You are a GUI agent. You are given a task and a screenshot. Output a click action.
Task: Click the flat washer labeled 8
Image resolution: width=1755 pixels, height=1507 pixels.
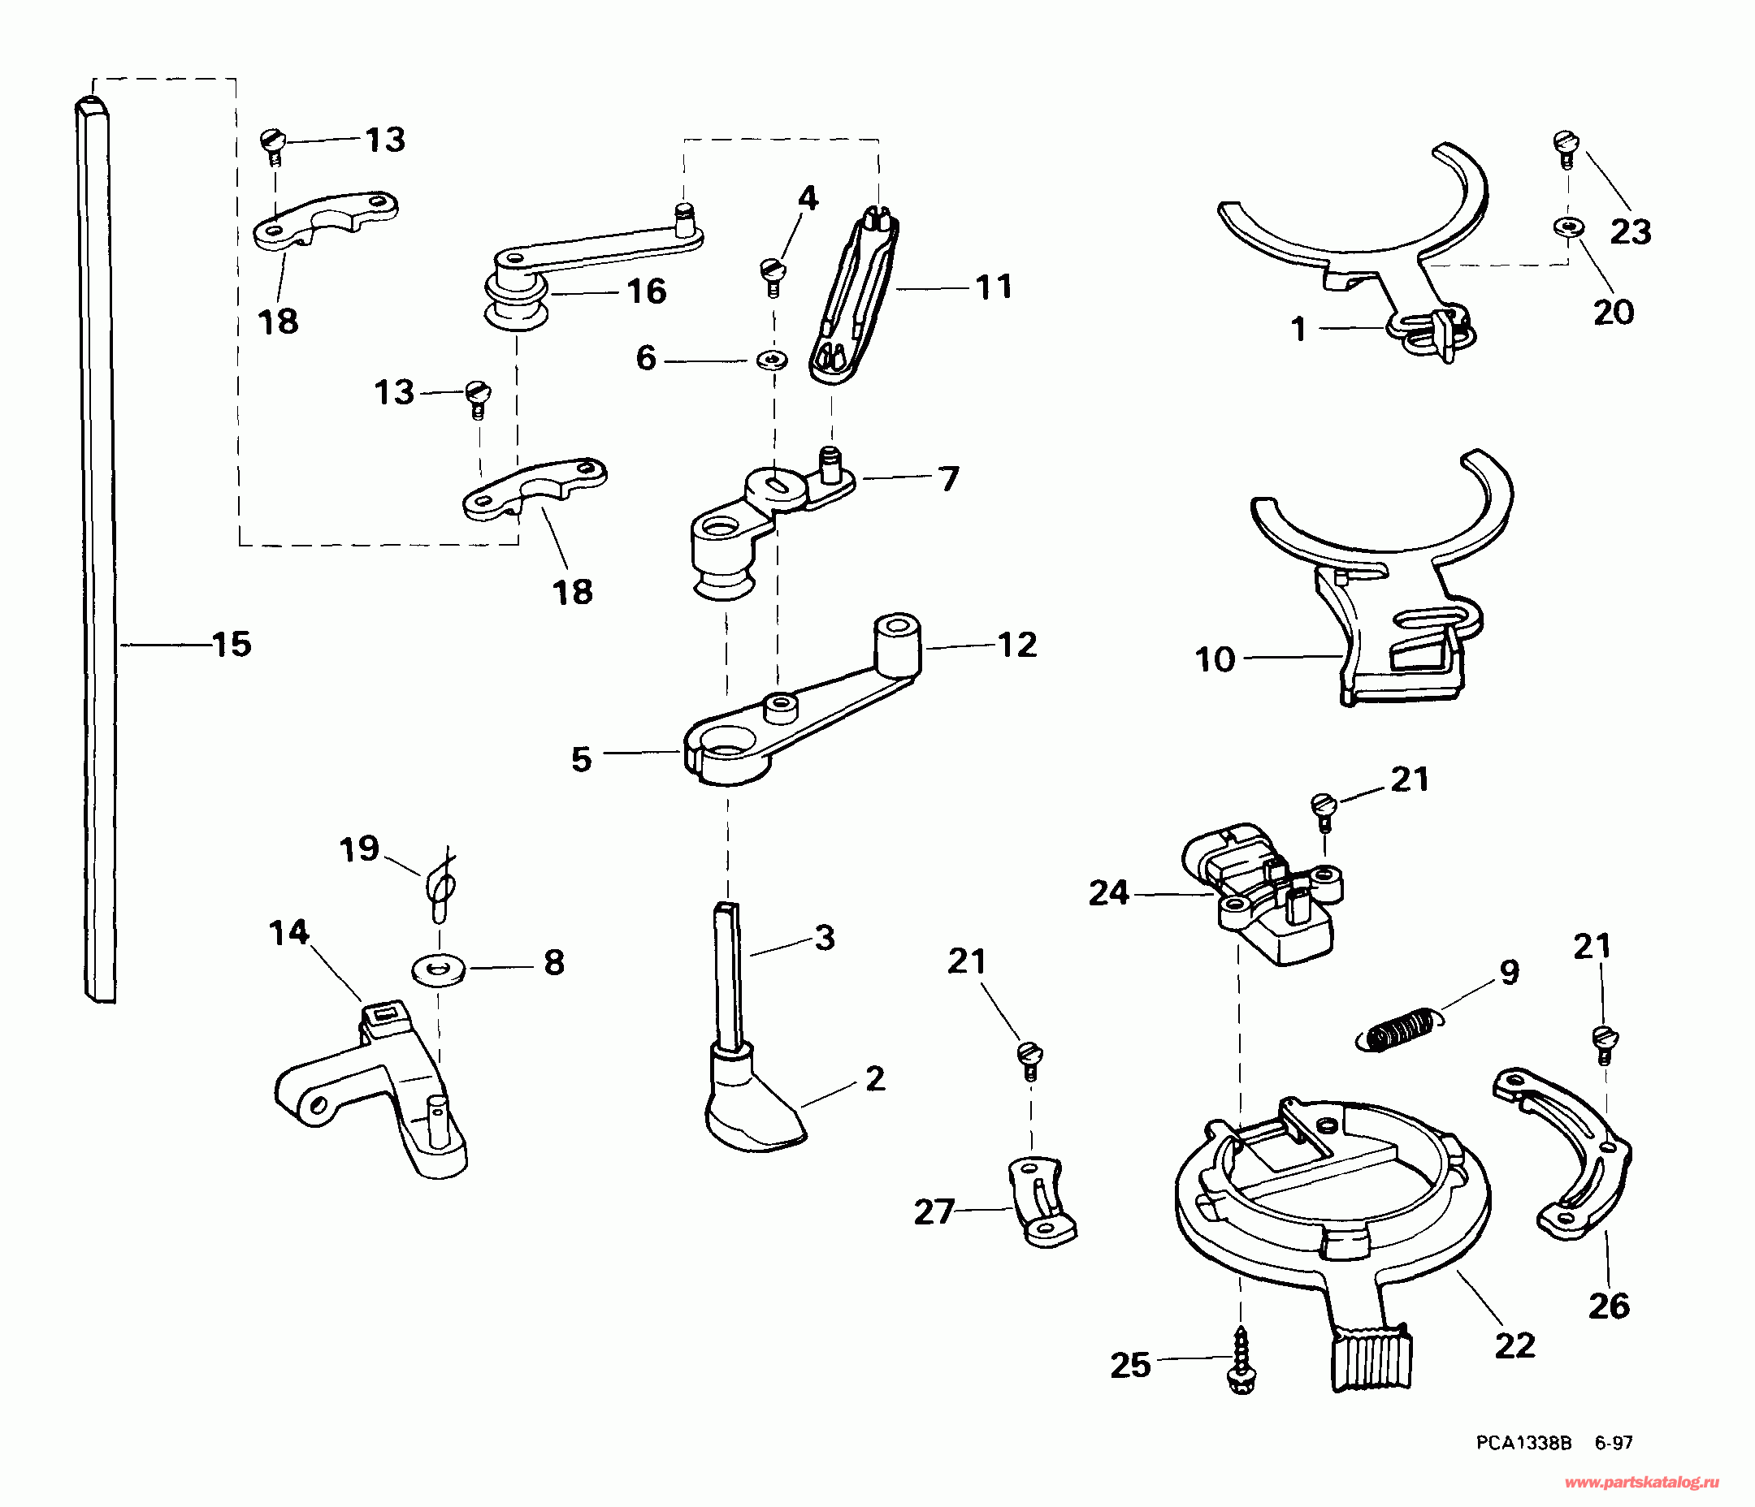click(438, 967)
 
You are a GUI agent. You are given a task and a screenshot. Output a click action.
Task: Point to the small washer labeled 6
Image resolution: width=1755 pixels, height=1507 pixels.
click(772, 361)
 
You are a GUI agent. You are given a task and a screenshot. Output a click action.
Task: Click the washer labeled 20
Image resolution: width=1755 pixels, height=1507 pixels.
click(1569, 226)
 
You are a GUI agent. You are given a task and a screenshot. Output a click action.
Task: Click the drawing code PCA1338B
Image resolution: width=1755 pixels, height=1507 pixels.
click(1523, 1443)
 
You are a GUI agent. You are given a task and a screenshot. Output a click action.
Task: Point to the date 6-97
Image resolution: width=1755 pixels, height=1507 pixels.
click(1614, 1443)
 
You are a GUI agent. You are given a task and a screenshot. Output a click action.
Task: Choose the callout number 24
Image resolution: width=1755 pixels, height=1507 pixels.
click(1109, 892)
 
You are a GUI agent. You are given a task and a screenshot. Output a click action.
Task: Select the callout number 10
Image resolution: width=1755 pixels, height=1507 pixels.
click(1215, 659)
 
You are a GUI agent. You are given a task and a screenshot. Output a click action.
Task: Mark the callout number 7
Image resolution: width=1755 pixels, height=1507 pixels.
click(949, 479)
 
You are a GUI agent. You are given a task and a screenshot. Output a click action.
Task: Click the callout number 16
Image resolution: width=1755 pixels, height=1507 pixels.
click(646, 291)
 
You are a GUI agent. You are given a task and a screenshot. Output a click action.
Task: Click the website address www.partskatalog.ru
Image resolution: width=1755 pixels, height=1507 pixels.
click(1640, 1483)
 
